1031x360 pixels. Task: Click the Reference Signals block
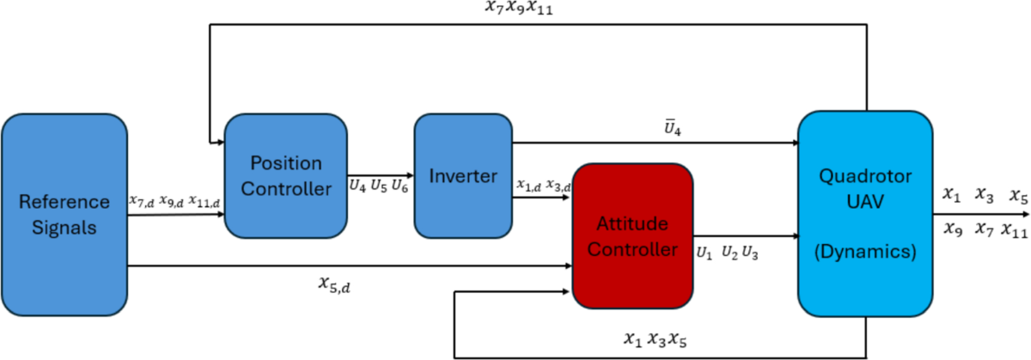(65, 215)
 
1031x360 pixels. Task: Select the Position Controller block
(285, 175)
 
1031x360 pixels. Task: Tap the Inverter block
(463, 176)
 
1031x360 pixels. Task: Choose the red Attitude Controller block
(632, 237)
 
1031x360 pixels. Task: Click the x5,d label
(333, 284)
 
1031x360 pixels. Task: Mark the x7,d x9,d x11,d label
(174, 201)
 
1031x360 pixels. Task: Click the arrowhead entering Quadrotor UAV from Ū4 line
(793, 143)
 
